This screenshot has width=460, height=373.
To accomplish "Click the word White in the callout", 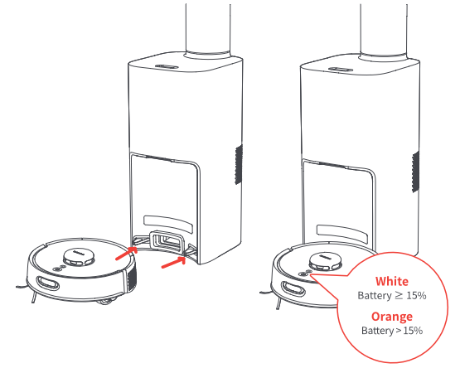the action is pyautogui.click(x=392, y=282).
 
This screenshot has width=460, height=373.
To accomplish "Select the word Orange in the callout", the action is pyautogui.click(x=392, y=317).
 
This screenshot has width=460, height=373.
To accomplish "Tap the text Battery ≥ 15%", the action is pyautogui.click(x=392, y=295).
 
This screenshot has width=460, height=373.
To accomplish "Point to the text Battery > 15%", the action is pyautogui.click(x=392, y=331).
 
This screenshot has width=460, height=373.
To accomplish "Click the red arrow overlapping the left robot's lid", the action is pyautogui.click(x=127, y=253).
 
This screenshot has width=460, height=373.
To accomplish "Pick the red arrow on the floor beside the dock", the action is pyautogui.click(x=174, y=262).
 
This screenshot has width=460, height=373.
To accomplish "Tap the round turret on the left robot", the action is pyautogui.click(x=79, y=256).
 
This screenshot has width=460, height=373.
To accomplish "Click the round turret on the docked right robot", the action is pyautogui.click(x=326, y=261).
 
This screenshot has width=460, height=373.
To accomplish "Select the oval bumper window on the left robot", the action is pyautogui.click(x=48, y=283).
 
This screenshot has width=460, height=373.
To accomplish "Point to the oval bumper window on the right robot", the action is pyautogui.click(x=293, y=288).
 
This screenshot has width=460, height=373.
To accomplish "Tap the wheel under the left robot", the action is pyautogui.click(x=106, y=300).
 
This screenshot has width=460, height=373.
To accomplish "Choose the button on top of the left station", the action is pyautogui.click(x=167, y=66).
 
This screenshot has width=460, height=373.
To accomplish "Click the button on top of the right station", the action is pyautogui.click(x=341, y=70).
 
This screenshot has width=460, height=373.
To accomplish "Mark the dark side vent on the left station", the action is pyautogui.click(x=239, y=164).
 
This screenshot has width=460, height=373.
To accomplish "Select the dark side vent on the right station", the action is pyautogui.click(x=415, y=172).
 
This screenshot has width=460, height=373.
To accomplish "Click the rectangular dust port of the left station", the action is pyautogui.click(x=166, y=240).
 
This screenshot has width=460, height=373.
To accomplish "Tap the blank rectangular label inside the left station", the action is pyautogui.click(x=168, y=224).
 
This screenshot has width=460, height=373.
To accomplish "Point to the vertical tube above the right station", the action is pyautogui.click(x=384, y=29).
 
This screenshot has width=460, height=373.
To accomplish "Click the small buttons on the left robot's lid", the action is pyautogui.click(x=59, y=269).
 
